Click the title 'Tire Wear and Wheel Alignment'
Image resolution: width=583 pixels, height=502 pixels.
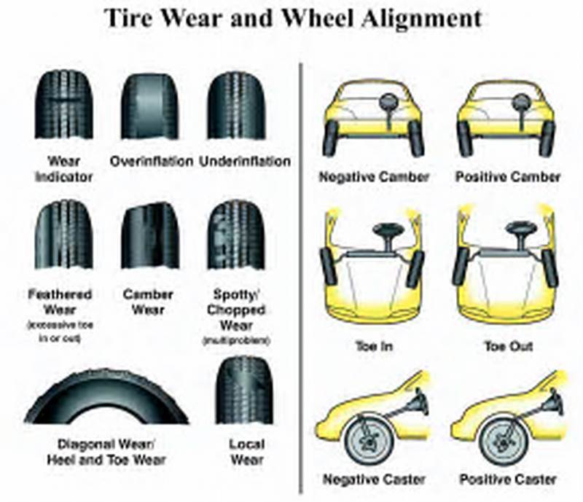(x=292, y=17)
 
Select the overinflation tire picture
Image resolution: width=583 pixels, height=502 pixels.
(x=150, y=106)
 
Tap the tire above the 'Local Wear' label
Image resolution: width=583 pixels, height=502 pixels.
(x=243, y=390)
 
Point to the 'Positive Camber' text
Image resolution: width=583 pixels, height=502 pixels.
(x=507, y=176)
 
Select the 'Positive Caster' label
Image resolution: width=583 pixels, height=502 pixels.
(x=507, y=480)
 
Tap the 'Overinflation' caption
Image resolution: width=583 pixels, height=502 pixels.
(x=151, y=160)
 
